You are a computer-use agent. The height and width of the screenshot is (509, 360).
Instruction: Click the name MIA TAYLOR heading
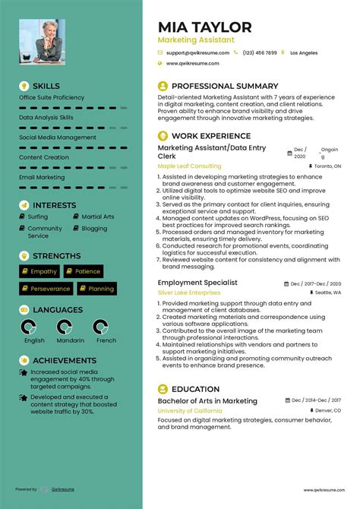(204, 27)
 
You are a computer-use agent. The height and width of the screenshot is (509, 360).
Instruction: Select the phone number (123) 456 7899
(260, 52)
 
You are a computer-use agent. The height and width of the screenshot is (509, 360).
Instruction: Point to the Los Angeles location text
(303, 52)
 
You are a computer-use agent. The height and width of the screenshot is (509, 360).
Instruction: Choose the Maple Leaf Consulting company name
(188, 165)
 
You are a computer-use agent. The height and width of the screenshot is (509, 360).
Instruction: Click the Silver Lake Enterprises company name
(190, 292)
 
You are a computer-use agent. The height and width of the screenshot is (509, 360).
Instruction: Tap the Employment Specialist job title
(197, 282)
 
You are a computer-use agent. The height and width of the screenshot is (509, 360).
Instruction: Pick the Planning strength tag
(100, 289)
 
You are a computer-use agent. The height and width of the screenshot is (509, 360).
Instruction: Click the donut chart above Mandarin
(71, 327)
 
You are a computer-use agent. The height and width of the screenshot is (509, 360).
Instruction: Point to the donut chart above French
(106, 327)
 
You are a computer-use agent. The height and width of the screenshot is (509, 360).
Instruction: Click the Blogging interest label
(94, 228)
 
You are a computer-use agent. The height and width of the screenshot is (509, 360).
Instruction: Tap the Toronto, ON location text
(327, 165)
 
